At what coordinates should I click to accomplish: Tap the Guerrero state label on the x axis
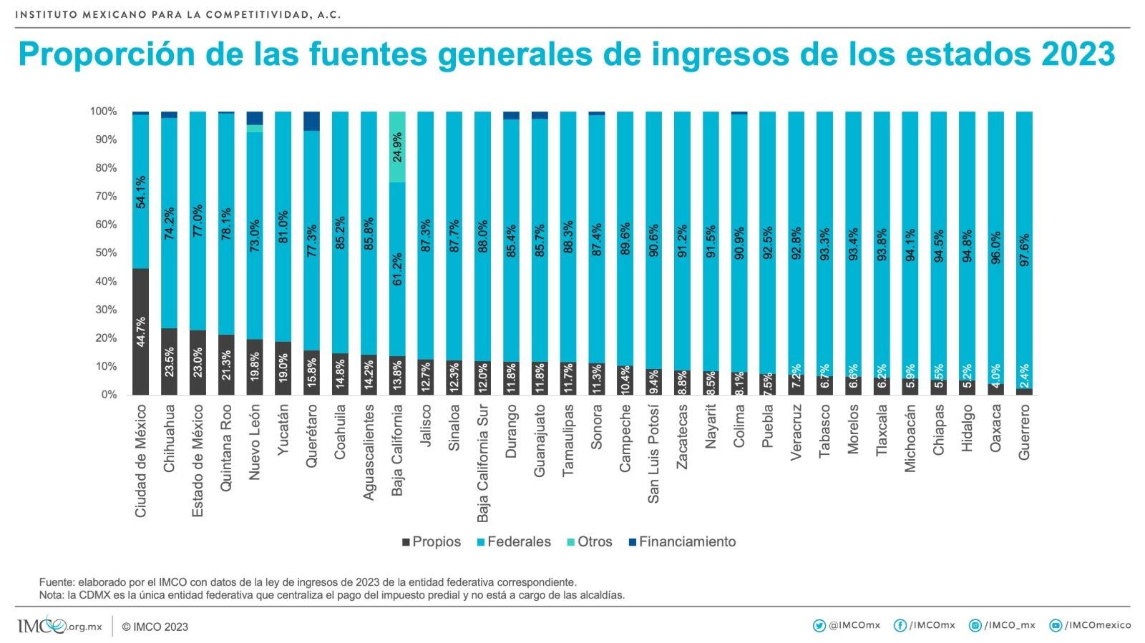(x=1024, y=431)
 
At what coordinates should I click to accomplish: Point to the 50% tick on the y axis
(x=103, y=253)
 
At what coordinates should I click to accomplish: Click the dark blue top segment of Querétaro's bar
(x=311, y=121)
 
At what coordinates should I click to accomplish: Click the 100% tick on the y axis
(x=103, y=112)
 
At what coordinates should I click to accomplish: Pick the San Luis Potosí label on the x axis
(x=653, y=453)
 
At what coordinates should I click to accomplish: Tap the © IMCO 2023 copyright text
(x=155, y=627)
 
